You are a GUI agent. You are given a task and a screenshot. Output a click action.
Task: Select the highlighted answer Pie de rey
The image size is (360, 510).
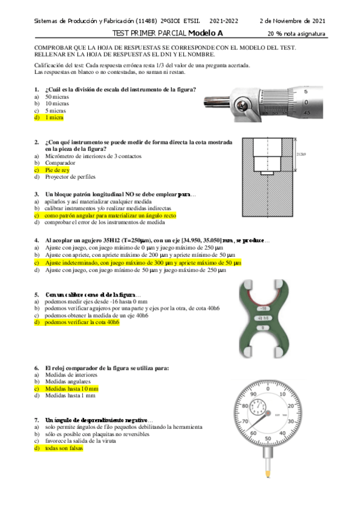point(57,170)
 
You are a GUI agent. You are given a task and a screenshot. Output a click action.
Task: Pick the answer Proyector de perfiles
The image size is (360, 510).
point(70,177)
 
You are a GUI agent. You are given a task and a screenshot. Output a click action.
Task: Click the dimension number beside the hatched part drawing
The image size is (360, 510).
point(302,155)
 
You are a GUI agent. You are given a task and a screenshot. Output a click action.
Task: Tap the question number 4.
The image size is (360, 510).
point(37,239)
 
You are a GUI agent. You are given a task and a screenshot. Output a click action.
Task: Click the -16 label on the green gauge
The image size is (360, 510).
point(263,307)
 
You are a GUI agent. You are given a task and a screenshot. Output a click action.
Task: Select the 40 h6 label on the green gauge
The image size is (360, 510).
point(263,318)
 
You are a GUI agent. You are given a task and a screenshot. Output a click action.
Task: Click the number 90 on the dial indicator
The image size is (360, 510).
point(255,394)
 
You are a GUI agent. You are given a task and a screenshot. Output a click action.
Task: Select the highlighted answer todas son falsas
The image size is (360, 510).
point(63,449)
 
